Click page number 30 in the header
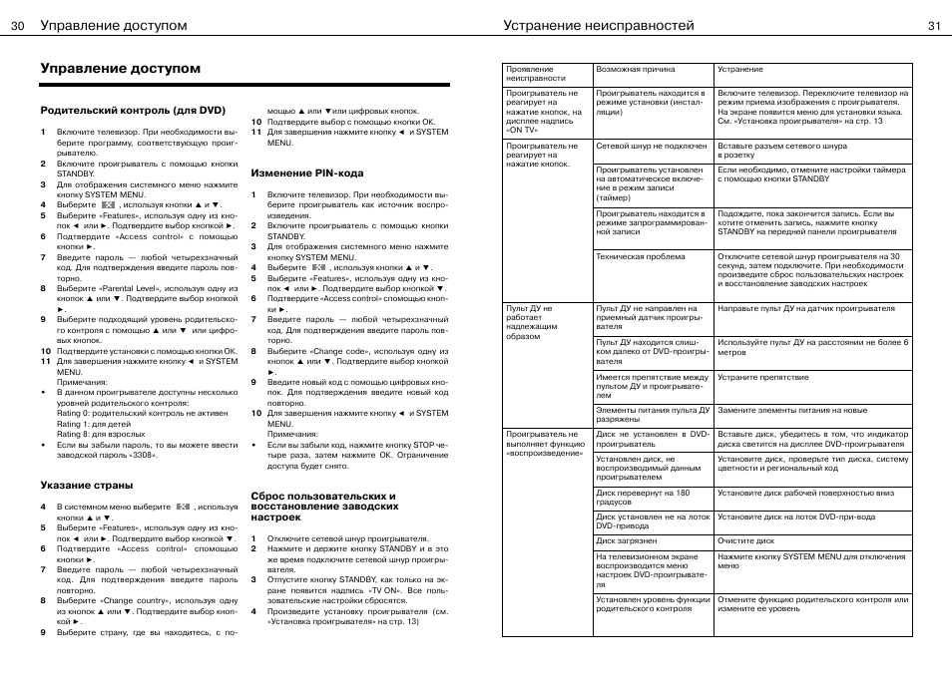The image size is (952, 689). click(x=18, y=26)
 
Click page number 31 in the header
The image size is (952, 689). click(x=934, y=26)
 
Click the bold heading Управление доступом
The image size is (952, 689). click(x=121, y=69)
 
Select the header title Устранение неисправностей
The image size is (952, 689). click(x=599, y=26)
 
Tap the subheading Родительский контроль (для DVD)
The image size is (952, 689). click(x=133, y=110)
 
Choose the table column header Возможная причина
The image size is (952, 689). click(x=635, y=70)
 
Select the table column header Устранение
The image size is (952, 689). click(x=740, y=70)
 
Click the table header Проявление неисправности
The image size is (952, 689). click(x=530, y=74)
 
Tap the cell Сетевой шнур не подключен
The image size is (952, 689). click(x=652, y=146)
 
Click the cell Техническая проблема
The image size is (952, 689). click(x=641, y=256)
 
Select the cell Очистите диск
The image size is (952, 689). click(x=745, y=540)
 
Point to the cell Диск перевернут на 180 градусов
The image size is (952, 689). click(x=643, y=497)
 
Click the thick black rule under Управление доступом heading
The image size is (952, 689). click(x=244, y=86)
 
